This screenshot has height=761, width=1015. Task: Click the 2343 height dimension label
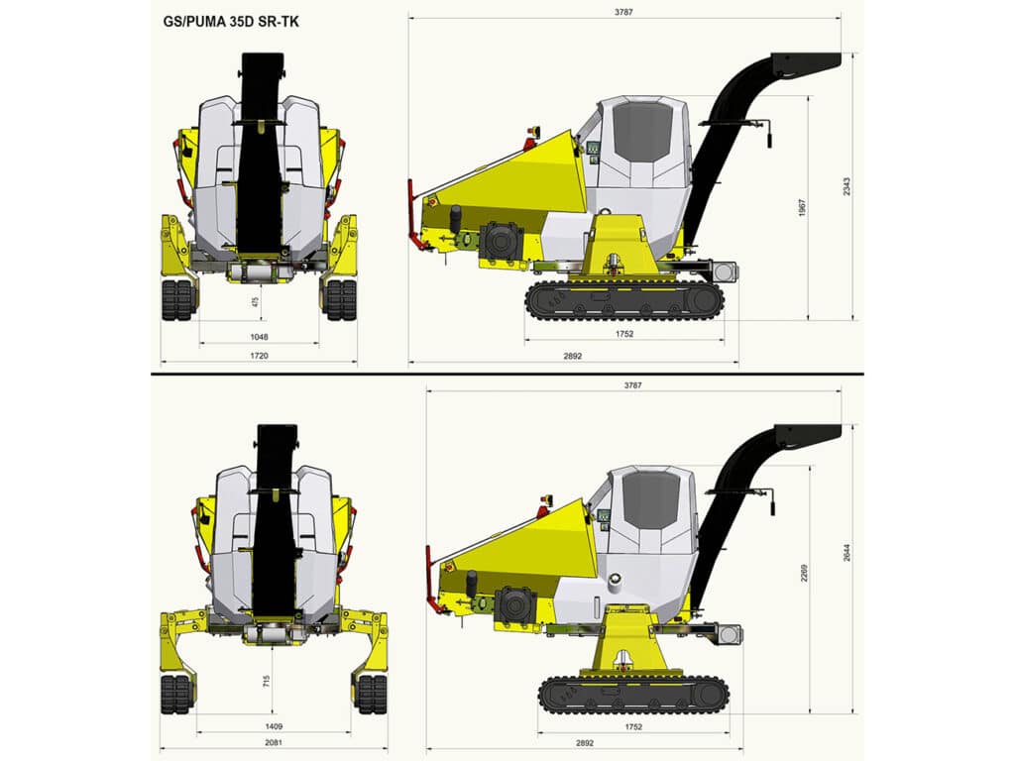(847, 187)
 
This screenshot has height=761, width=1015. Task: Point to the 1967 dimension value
(803, 208)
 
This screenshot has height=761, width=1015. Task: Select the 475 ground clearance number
(256, 303)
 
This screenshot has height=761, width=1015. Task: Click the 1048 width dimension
(259, 337)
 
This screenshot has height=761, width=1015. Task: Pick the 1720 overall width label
(259, 356)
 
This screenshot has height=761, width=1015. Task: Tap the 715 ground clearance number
(266, 681)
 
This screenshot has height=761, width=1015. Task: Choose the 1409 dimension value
(274, 726)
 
